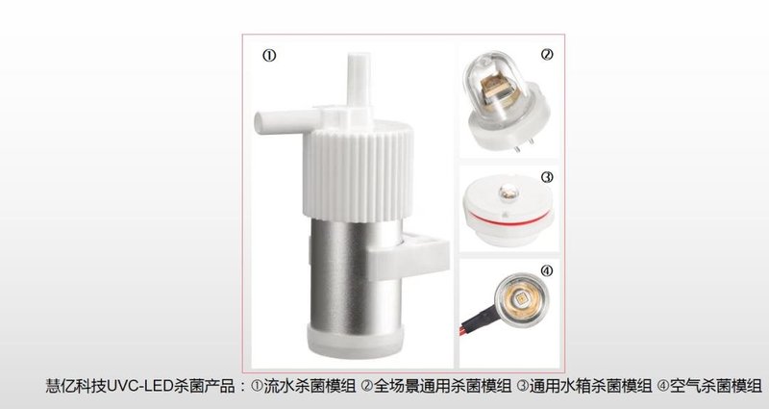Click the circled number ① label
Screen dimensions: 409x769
click(x=270, y=56)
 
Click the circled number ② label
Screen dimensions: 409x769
click(x=547, y=55)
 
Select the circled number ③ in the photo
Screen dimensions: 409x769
click(x=547, y=178)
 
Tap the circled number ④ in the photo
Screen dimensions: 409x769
click(x=547, y=270)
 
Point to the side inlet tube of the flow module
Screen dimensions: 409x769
click(x=279, y=122)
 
